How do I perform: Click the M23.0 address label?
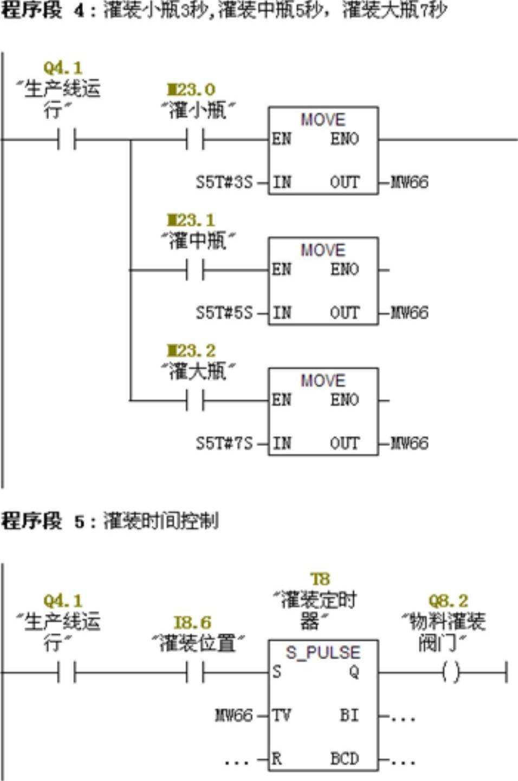[x=191, y=89]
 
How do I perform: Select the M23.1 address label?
[x=191, y=220]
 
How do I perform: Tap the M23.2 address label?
[x=191, y=350]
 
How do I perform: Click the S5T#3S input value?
[x=224, y=182]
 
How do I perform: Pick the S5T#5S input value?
[x=224, y=313]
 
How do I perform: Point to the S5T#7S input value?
[x=224, y=443]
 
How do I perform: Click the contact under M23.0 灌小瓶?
[x=195, y=140]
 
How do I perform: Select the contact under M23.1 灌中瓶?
[x=195, y=270]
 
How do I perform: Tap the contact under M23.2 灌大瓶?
[x=195, y=401]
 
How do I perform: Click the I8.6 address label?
[x=192, y=622]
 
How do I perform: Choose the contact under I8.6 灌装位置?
[x=195, y=673]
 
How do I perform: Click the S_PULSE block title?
[x=323, y=652]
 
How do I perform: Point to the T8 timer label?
[x=320, y=579]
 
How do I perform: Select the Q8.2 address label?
[x=448, y=601]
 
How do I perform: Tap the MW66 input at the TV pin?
[x=234, y=715]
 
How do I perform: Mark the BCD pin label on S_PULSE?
[x=345, y=759]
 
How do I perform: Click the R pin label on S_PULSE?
[x=277, y=759]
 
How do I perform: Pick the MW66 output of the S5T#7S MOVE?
[x=410, y=443]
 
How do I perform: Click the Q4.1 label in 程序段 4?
[x=63, y=68]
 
